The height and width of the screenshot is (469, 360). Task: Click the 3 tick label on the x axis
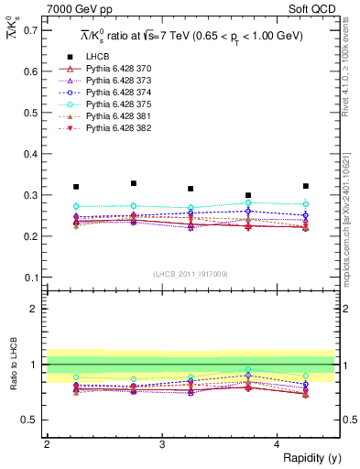click(x=161, y=444)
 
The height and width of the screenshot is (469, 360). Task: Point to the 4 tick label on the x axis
click(x=277, y=444)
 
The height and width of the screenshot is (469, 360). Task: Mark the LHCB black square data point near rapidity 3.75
click(x=248, y=195)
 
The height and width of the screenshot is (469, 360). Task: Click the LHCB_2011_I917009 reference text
click(x=191, y=273)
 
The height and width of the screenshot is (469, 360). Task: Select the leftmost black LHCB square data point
click(x=76, y=187)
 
